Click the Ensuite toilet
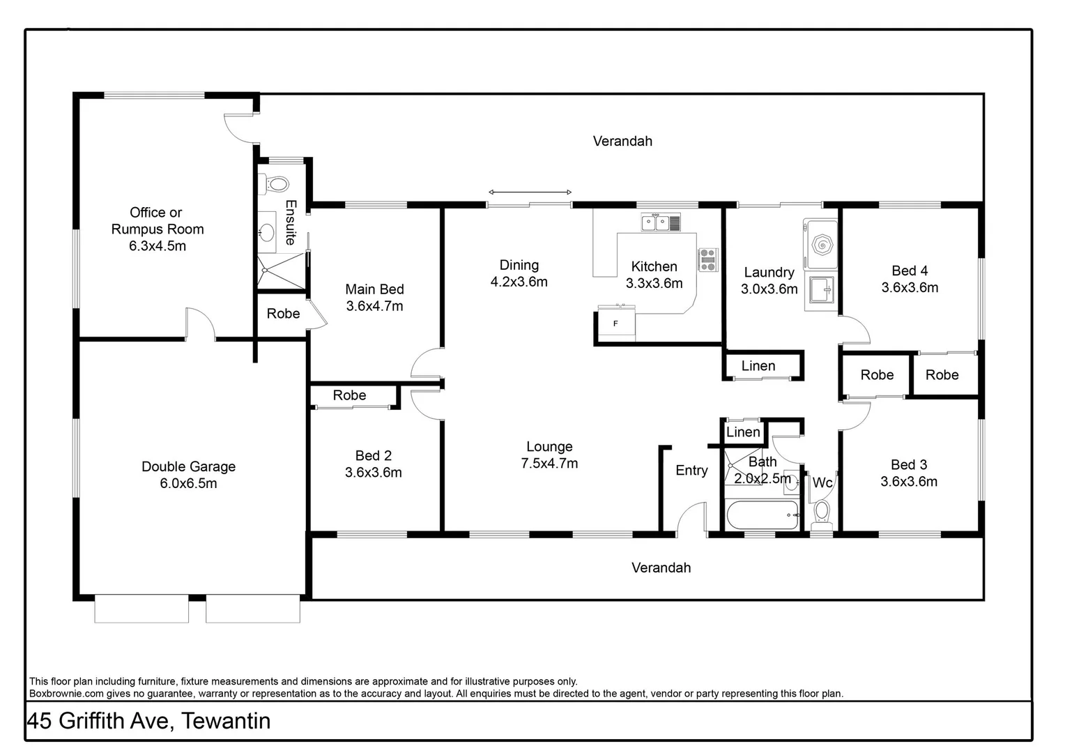(x=276, y=184)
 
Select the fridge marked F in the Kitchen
(x=616, y=324)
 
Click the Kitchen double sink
(x=661, y=223)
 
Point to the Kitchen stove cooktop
(x=708, y=259)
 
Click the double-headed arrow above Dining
(x=530, y=192)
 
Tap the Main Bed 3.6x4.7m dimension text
(x=374, y=306)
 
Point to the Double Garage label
(x=188, y=466)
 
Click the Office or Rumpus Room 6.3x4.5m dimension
(x=158, y=246)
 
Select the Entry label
(x=691, y=471)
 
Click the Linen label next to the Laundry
(x=758, y=366)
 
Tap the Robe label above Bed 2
(x=349, y=395)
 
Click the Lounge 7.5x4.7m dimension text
(x=549, y=464)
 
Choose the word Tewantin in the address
(x=226, y=721)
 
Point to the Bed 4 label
(x=910, y=271)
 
